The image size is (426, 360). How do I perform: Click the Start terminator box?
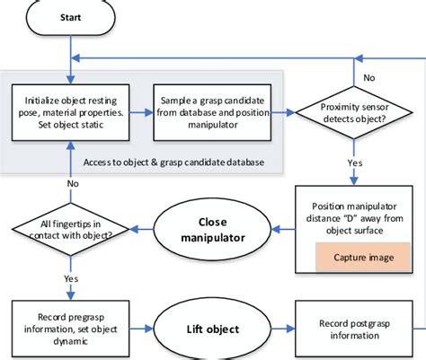pos(69,17)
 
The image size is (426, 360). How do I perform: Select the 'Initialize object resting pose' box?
pos(69,113)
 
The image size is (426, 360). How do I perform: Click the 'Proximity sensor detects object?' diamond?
pos(354,113)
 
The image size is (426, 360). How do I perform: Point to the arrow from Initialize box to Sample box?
pos(139,113)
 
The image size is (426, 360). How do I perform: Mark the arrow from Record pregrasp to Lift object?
pos(139,329)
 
